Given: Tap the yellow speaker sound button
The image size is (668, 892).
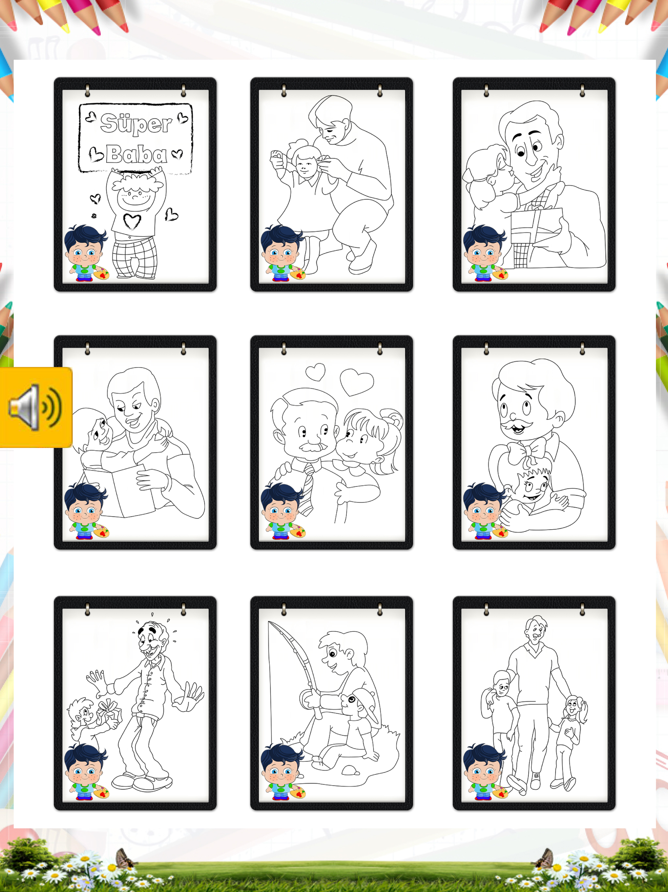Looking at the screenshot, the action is pyautogui.click(x=36, y=407).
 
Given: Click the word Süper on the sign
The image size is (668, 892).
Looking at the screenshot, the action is pyautogui.click(x=136, y=123).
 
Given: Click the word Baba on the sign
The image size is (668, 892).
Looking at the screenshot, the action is pyautogui.click(x=137, y=154).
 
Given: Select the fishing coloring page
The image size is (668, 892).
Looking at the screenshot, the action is pyautogui.click(x=332, y=703).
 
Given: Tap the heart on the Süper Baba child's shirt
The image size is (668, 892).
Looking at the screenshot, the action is pyautogui.click(x=132, y=221).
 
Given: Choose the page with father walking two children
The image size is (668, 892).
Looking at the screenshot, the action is pyautogui.click(x=534, y=703).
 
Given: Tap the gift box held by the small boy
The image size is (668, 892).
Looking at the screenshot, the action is pyautogui.click(x=108, y=711).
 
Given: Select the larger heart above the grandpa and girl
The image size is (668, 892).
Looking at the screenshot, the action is pyautogui.click(x=357, y=381).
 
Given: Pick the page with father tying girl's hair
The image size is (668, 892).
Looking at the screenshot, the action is pyautogui.click(x=332, y=184).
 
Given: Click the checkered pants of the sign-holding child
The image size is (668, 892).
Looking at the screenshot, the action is pyautogui.click(x=134, y=257).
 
